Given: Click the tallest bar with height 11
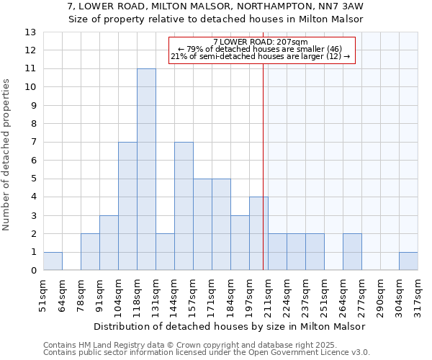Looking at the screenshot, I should pos(146,169).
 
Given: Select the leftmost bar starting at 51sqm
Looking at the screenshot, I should pos(53,261).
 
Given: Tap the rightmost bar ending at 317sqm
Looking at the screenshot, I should pos(408,261).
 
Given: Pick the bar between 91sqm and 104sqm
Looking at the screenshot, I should pos(109,243).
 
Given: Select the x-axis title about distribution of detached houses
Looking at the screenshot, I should pos(230,326).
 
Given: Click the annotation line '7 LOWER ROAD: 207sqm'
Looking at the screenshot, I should pos(261,42).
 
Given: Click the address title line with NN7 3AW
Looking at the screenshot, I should pos(215,6).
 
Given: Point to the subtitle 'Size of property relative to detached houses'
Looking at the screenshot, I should pos(215,19).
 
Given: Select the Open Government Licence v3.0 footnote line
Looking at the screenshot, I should pos(207,353).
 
